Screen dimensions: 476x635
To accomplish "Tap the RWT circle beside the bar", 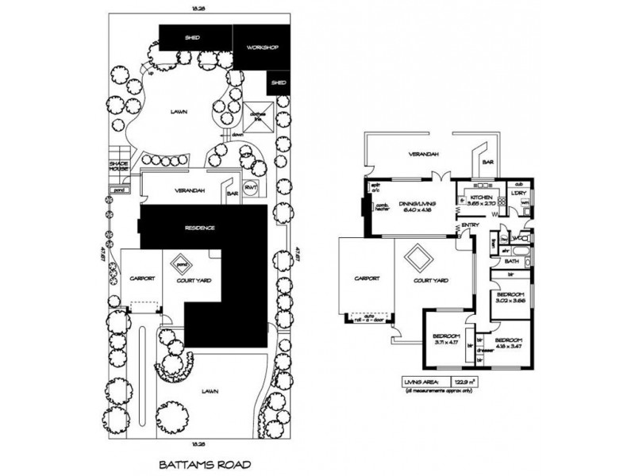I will pyautogui.click(x=252, y=188).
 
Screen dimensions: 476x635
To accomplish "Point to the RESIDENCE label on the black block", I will pyautogui.click(x=200, y=228).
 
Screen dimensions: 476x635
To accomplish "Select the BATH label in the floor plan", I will pyautogui.click(x=512, y=260).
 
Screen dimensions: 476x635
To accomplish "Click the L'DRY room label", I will pyautogui.click(x=520, y=193).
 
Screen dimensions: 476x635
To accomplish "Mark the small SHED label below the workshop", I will pyautogui.click(x=279, y=83).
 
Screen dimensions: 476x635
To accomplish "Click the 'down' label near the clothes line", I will pyautogui.click(x=237, y=135).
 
